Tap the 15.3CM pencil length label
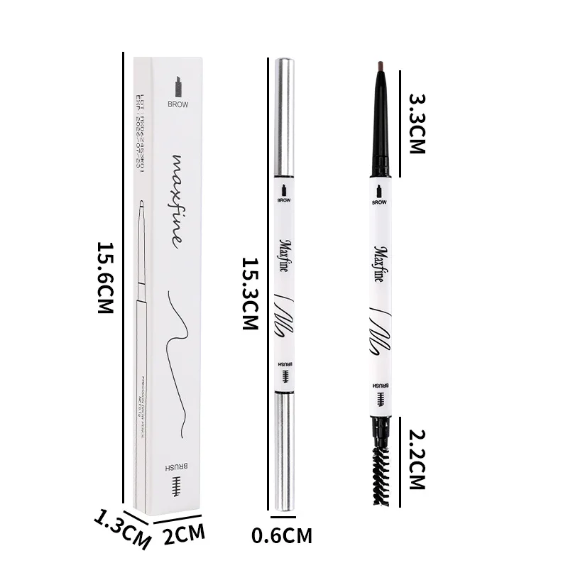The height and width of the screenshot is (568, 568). [x=250, y=293]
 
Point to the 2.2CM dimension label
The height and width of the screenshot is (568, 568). [x=416, y=459]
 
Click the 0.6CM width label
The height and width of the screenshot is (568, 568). [x=282, y=535]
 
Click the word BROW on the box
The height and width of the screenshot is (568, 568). [x=178, y=104]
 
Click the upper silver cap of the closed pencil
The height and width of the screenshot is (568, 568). [x=284, y=117]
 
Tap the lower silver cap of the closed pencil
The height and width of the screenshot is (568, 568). [x=284, y=451]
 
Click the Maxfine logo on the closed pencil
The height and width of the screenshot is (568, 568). [x=284, y=258]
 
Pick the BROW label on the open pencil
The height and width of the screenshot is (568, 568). [x=380, y=202]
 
